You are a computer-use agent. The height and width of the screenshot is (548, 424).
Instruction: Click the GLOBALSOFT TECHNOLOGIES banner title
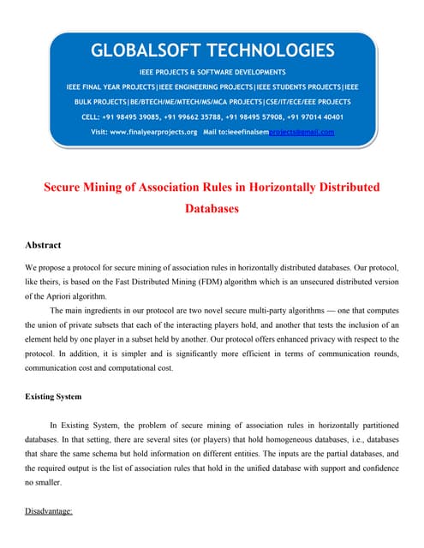point(212,51)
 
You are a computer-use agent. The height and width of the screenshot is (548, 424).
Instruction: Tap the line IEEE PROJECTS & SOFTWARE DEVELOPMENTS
point(212,72)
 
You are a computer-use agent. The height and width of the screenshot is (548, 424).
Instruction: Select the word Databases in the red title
point(212,207)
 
